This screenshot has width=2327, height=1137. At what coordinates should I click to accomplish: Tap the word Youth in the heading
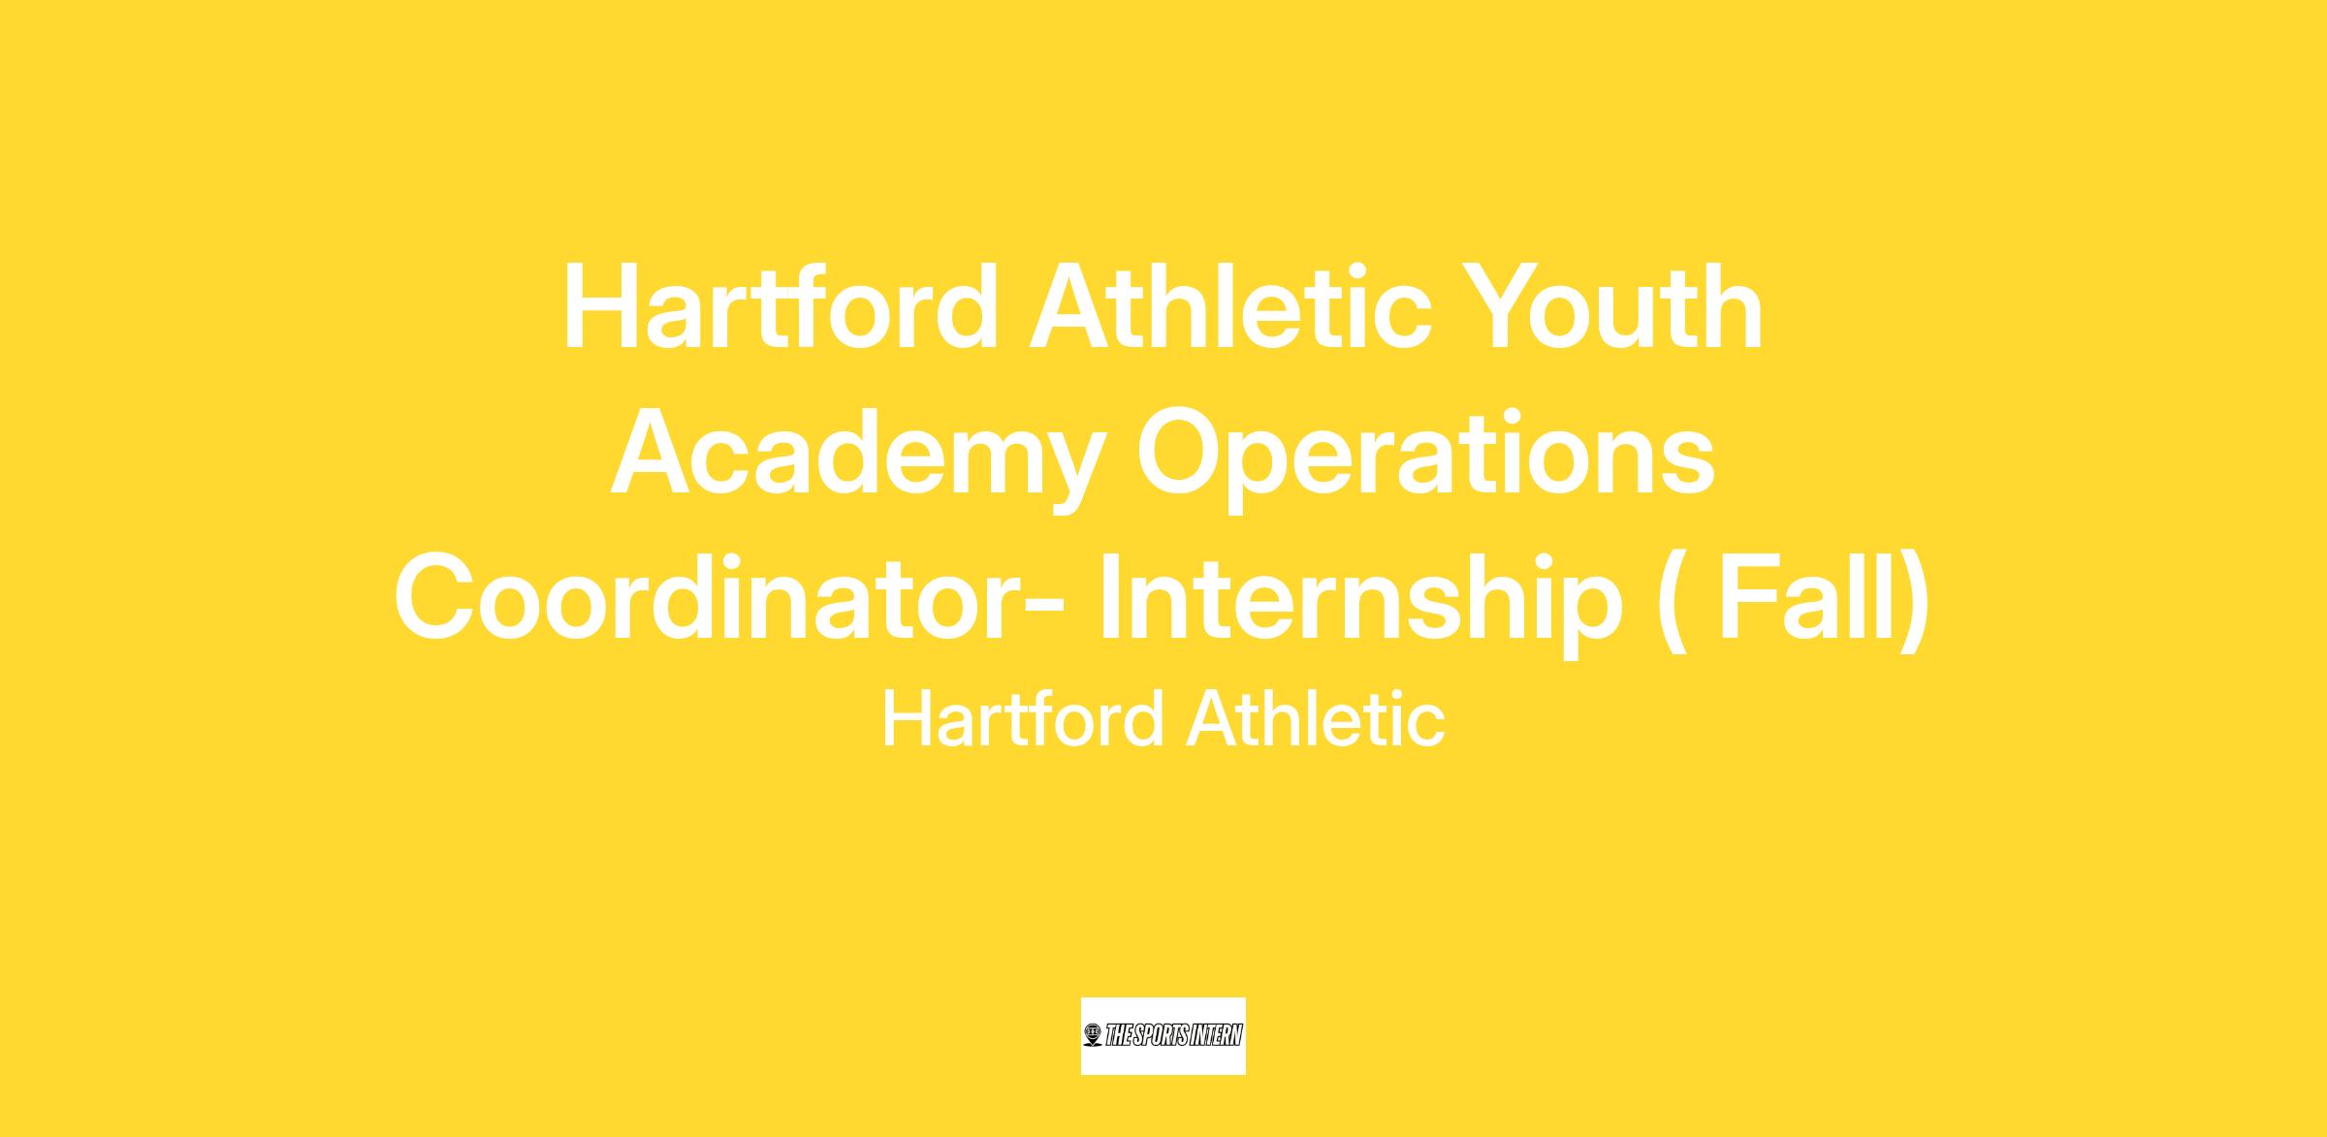point(1611,307)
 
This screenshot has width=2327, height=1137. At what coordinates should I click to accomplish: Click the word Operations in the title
point(1426,454)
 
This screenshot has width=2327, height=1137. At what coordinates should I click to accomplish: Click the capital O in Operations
point(1180,454)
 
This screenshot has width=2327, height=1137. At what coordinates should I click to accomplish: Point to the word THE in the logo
point(1117,1036)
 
